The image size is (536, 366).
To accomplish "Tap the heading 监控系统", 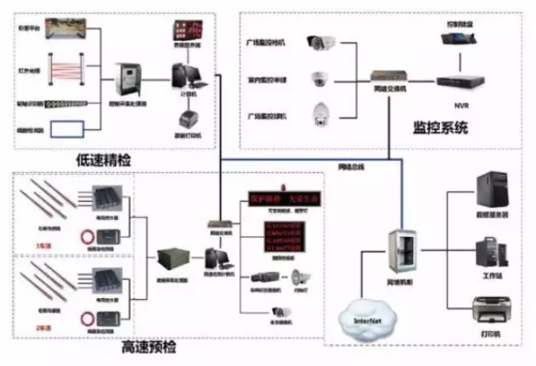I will [439, 128].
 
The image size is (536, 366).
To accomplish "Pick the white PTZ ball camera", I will [322, 111].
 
